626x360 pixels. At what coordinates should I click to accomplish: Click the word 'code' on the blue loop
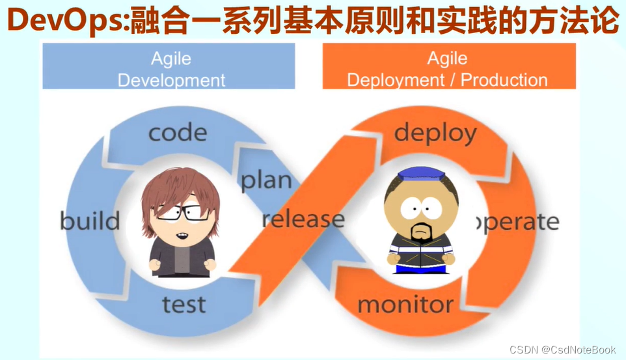178,133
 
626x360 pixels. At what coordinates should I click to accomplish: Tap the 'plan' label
266,180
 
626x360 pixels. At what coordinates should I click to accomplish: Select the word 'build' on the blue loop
90,221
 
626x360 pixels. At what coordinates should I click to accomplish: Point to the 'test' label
184,305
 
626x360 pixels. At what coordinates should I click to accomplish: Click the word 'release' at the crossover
303,219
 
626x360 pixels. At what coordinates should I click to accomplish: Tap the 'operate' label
518,222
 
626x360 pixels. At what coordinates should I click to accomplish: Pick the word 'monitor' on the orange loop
405,305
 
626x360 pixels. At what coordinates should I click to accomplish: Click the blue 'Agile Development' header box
169,66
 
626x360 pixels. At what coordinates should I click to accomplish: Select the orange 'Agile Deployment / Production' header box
449,66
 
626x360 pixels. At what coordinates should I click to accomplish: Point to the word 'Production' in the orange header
504,80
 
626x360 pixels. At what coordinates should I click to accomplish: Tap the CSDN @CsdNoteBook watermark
562,350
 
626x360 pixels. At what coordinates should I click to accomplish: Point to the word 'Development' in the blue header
171,80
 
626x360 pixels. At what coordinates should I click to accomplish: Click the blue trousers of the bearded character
420,269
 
